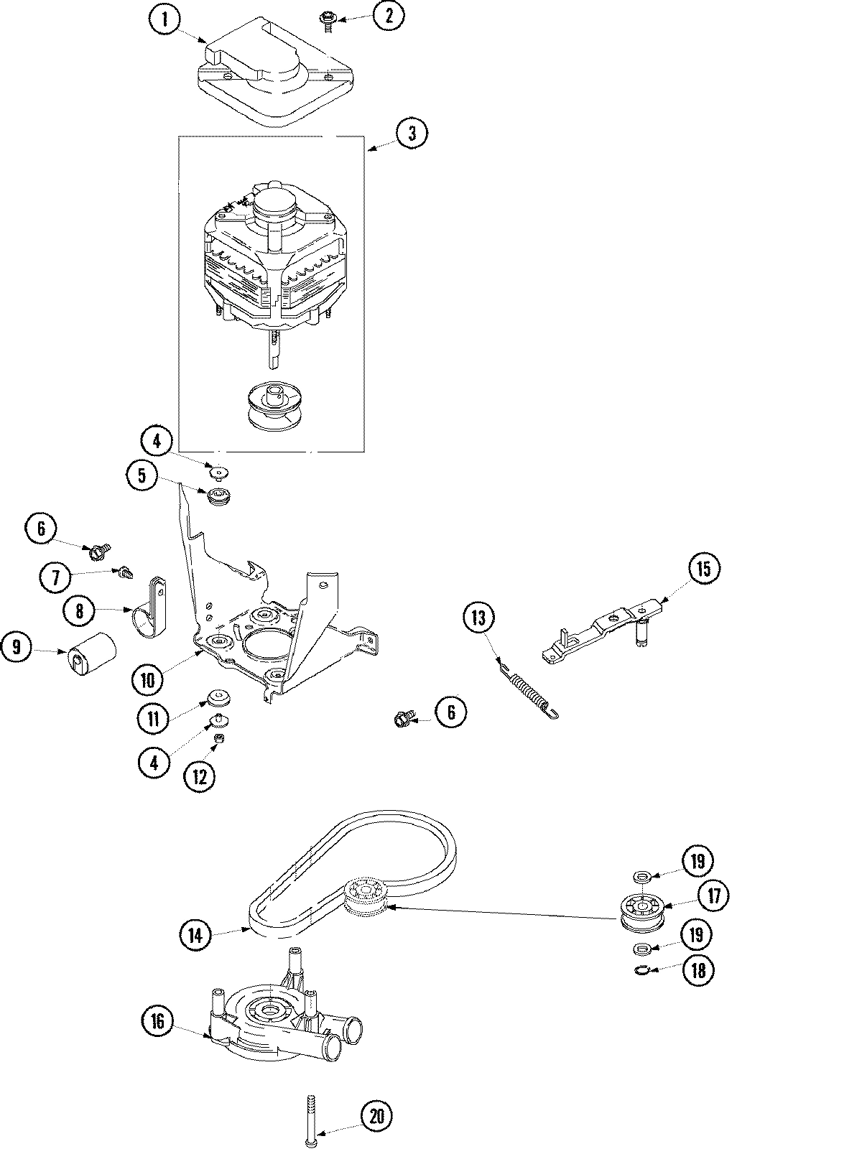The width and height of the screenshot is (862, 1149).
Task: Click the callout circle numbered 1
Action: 166,19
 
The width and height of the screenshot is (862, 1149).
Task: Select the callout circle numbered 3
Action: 410,133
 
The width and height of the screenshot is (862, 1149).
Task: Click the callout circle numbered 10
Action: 147,679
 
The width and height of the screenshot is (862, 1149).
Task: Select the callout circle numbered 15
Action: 702,569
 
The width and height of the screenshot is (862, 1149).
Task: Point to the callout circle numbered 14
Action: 195,935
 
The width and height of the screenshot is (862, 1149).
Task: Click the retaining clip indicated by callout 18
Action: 644,971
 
